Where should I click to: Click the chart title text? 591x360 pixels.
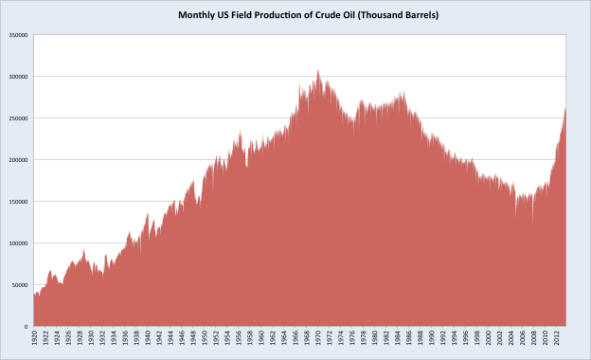point(295,16)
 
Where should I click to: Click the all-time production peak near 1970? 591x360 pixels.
point(318,70)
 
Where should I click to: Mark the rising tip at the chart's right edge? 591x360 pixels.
point(565,108)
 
